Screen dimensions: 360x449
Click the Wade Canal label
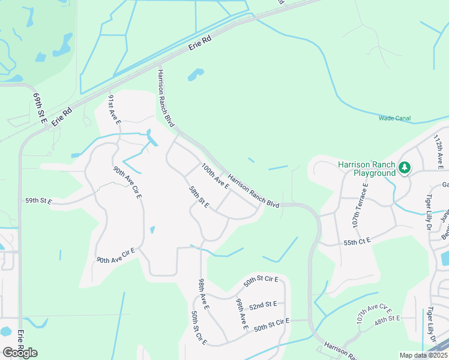[394, 118]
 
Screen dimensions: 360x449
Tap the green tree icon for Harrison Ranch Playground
[405, 167]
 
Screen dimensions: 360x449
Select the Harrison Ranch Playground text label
[366, 169]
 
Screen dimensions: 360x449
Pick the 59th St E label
[38, 201]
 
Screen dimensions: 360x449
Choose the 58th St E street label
[199, 197]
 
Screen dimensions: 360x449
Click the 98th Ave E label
[203, 294]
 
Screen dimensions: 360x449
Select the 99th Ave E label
[242, 314]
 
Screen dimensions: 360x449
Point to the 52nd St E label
[263, 306]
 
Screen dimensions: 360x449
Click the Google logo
[20, 353]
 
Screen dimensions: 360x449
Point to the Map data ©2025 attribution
[423, 355]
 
